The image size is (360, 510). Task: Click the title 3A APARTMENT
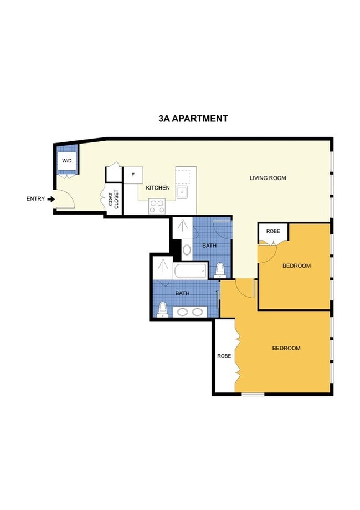(x=193, y=118)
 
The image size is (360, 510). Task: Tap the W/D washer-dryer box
(x=67, y=161)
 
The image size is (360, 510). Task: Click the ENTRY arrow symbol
(x=51, y=198)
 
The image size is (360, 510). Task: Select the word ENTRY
(x=35, y=198)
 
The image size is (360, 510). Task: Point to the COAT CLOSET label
(x=114, y=198)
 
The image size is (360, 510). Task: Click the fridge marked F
(x=133, y=175)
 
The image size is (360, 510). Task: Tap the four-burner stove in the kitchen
(x=157, y=206)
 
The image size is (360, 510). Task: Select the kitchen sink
(x=182, y=192)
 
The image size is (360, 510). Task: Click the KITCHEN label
(x=158, y=188)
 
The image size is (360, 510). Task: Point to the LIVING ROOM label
(x=268, y=178)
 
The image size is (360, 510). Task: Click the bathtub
(x=190, y=272)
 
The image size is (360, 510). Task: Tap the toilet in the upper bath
(x=220, y=269)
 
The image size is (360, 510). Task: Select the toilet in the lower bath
(x=163, y=308)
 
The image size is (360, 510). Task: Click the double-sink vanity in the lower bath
(x=190, y=311)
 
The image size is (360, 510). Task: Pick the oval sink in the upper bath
(x=187, y=249)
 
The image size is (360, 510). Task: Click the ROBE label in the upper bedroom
(x=273, y=231)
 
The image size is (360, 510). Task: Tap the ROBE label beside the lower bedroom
(x=224, y=355)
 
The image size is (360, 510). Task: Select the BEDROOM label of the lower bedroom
(x=286, y=348)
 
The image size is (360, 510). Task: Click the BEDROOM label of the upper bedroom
(x=296, y=266)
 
